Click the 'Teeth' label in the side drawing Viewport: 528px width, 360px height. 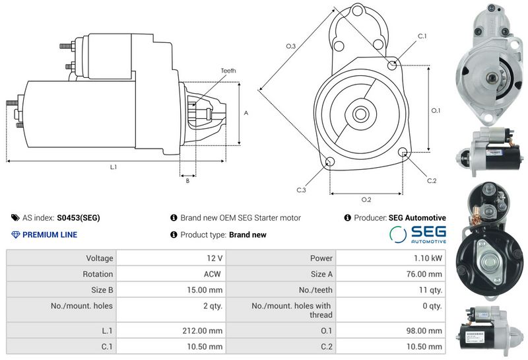228,71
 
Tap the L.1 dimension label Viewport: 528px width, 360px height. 114,167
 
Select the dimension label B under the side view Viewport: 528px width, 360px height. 187,181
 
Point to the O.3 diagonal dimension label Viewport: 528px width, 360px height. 291,46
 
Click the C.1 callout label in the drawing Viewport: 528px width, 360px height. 422,36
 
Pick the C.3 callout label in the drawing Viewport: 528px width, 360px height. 302,190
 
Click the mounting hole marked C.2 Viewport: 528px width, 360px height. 403,152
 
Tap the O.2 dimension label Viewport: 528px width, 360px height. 366,199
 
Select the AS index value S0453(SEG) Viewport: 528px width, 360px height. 79,218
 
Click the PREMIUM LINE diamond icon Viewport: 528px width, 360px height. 15,234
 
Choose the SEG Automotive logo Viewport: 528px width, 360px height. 418,234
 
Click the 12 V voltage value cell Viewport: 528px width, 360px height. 171,258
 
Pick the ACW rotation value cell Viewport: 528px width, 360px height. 171,273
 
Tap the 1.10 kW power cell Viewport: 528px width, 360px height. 391,258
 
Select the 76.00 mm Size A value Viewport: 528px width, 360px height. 424,273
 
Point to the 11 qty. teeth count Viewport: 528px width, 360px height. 430,289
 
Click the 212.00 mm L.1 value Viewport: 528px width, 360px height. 203,331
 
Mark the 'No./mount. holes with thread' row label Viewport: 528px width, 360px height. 292,310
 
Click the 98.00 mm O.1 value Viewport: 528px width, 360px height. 424,331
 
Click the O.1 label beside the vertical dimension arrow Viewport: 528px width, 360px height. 436,110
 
